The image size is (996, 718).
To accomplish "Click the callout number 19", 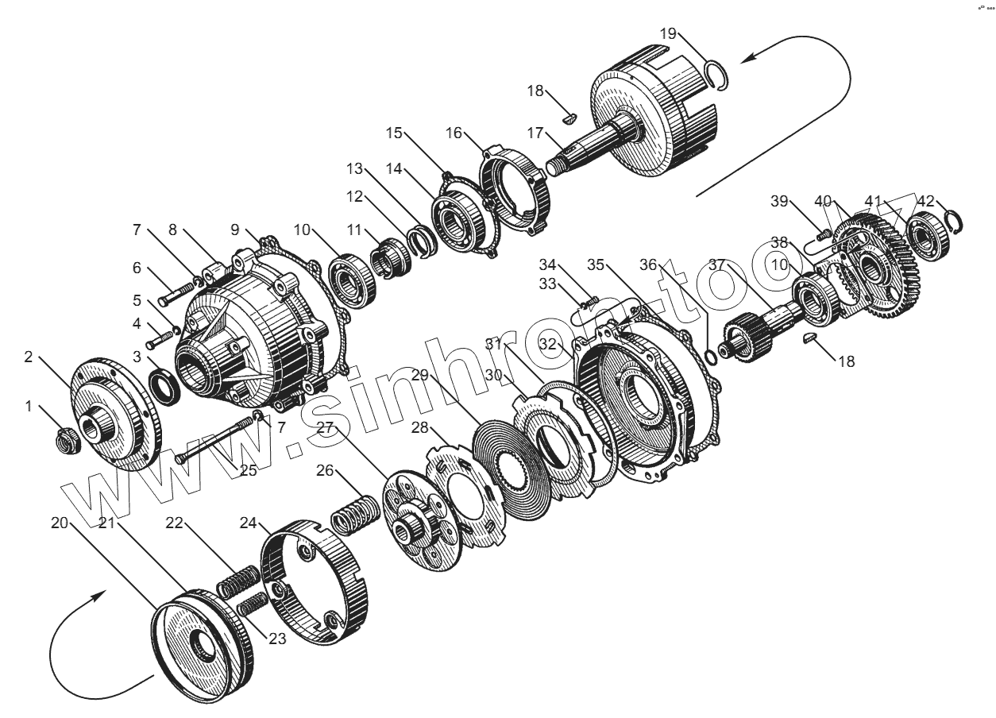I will point(667,33).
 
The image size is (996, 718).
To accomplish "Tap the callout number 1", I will point(29,406).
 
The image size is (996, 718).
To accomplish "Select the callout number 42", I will point(925,201).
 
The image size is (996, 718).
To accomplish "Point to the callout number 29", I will point(420,374).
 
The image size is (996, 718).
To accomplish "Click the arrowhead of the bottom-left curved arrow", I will point(103,594).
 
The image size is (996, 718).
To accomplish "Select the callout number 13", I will point(354,168).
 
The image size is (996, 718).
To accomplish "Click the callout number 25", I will point(249,470).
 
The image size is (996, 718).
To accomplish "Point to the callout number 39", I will point(778,201).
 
